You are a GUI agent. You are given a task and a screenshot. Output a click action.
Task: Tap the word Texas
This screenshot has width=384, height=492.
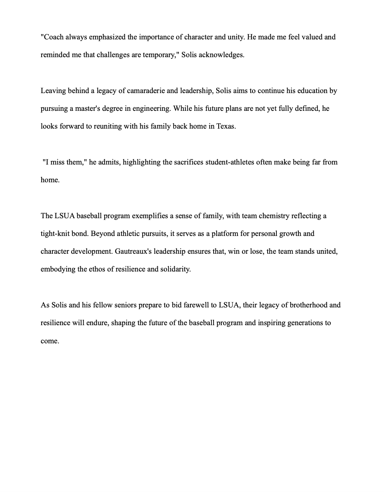(x=226, y=126)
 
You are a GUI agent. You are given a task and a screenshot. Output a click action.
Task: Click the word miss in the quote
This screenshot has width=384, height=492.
(x=57, y=162)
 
